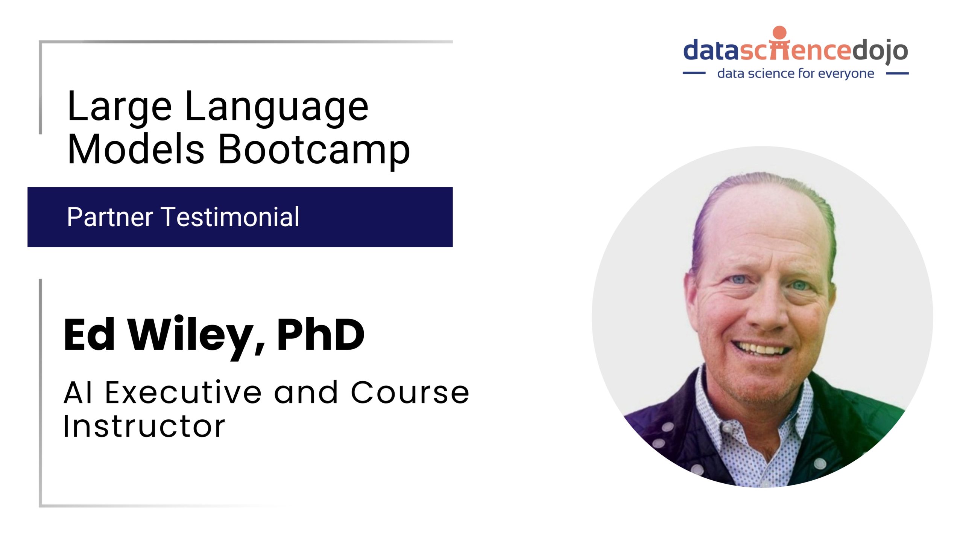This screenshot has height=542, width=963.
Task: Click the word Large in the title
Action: pyautogui.click(x=120, y=107)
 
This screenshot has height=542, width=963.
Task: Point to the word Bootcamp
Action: pyautogui.click(x=314, y=150)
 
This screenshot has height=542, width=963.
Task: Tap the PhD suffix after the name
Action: pyautogui.click(x=320, y=335)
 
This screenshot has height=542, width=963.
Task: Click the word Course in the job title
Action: pyautogui.click(x=410, y=393)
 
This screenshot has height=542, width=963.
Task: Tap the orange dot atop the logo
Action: pyautogui.click(x=779, y=32)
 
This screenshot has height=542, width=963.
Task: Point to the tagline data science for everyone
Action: pyautogui.click(x=796, y=73)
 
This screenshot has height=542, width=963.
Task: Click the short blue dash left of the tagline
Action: pyautogui.click(x=694, y=73)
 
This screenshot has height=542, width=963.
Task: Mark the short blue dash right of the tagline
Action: pyautogui.click(x=898, y=73)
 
